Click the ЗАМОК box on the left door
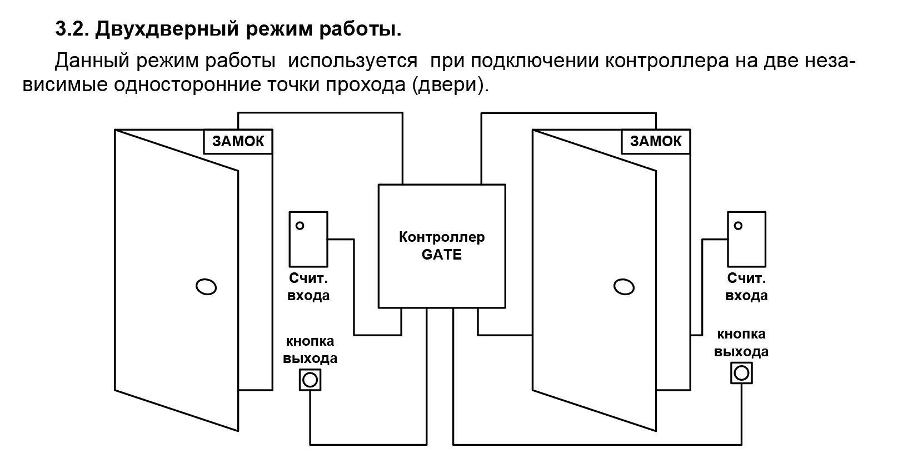(x=238, y=142)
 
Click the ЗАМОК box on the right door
(x=656, y=142)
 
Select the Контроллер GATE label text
(x=442, y=246)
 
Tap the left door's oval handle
(x=206, y=287)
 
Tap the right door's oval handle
(x=623, y=287)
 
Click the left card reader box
(x=308, y=239)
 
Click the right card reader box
(x=746, y=239)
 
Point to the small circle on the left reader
(x=300, y=226)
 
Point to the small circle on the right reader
(x=738, y=226)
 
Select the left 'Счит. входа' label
(x=308, y=287)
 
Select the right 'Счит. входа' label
(x=746, y=287)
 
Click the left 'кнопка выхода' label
(x=310, y=350)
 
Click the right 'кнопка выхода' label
(x=741, y=343)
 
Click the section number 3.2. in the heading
(x=72, y=29)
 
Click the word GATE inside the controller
(x=442, y=255)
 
